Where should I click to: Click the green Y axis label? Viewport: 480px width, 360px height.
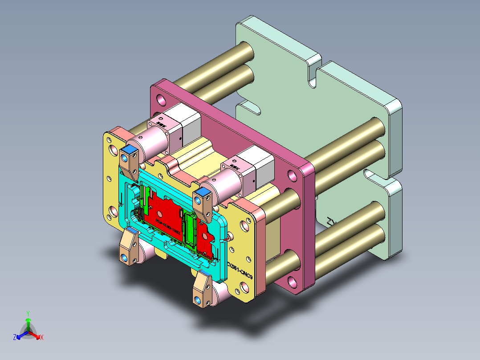28,313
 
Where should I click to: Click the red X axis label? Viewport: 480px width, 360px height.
41,337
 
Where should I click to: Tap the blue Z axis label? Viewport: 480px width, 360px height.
15,337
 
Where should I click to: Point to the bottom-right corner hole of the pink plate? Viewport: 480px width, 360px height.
292,282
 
